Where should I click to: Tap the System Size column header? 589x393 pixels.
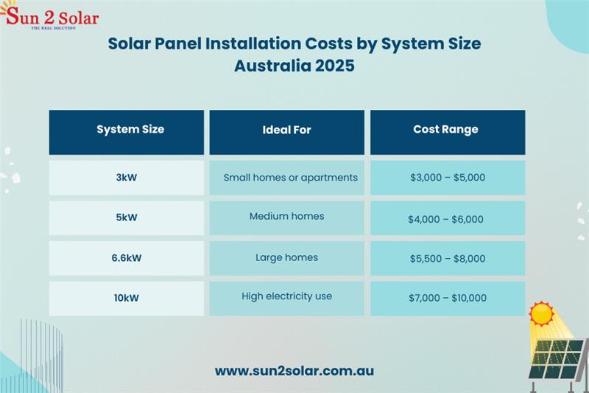pyautogui.click(x=127, y=133)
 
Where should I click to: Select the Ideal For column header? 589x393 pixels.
pyautogui.click(x=286, y=133)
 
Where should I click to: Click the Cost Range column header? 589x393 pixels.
pyautogui.click(x=448, y=133)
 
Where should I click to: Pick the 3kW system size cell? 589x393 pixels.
pyautogui.click(x=127, y=178)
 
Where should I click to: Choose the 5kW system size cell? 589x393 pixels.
pyautogui.click(x=127, y=218)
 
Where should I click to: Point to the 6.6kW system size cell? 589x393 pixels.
pyautogui.click(x=127, y=258)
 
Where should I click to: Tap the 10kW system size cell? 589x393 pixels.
pyautogui.click(x=127, y=299)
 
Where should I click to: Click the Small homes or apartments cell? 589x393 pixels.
pyautogui.click(x=286, y=178)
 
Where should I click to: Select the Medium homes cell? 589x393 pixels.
pyautogui.click(x=286, y=218)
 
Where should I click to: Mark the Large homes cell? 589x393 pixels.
pyautogui.click(x=286, y=258)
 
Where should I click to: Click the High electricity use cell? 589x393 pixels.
pyautogui.click(x=286, y=299)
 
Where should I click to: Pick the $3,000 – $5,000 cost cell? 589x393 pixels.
pyautogui.click(x=448, y=178)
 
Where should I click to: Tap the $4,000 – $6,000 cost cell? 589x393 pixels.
pyautogui.click(x=448, y=218)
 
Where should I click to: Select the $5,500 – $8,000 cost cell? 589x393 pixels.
pyautogui.click(x=448, y=258)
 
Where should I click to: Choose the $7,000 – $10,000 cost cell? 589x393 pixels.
pyautogui.click(x=448, y=299)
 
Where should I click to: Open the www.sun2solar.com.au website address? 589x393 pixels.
pyautogui.click(x=294, y=371)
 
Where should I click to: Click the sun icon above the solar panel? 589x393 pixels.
pyautogui.click(x=541, y=313)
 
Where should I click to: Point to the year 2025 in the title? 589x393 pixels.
pyautogui.click(x=335, y=66)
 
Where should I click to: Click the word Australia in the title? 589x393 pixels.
pyautogui.click(x=272, y=66)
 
